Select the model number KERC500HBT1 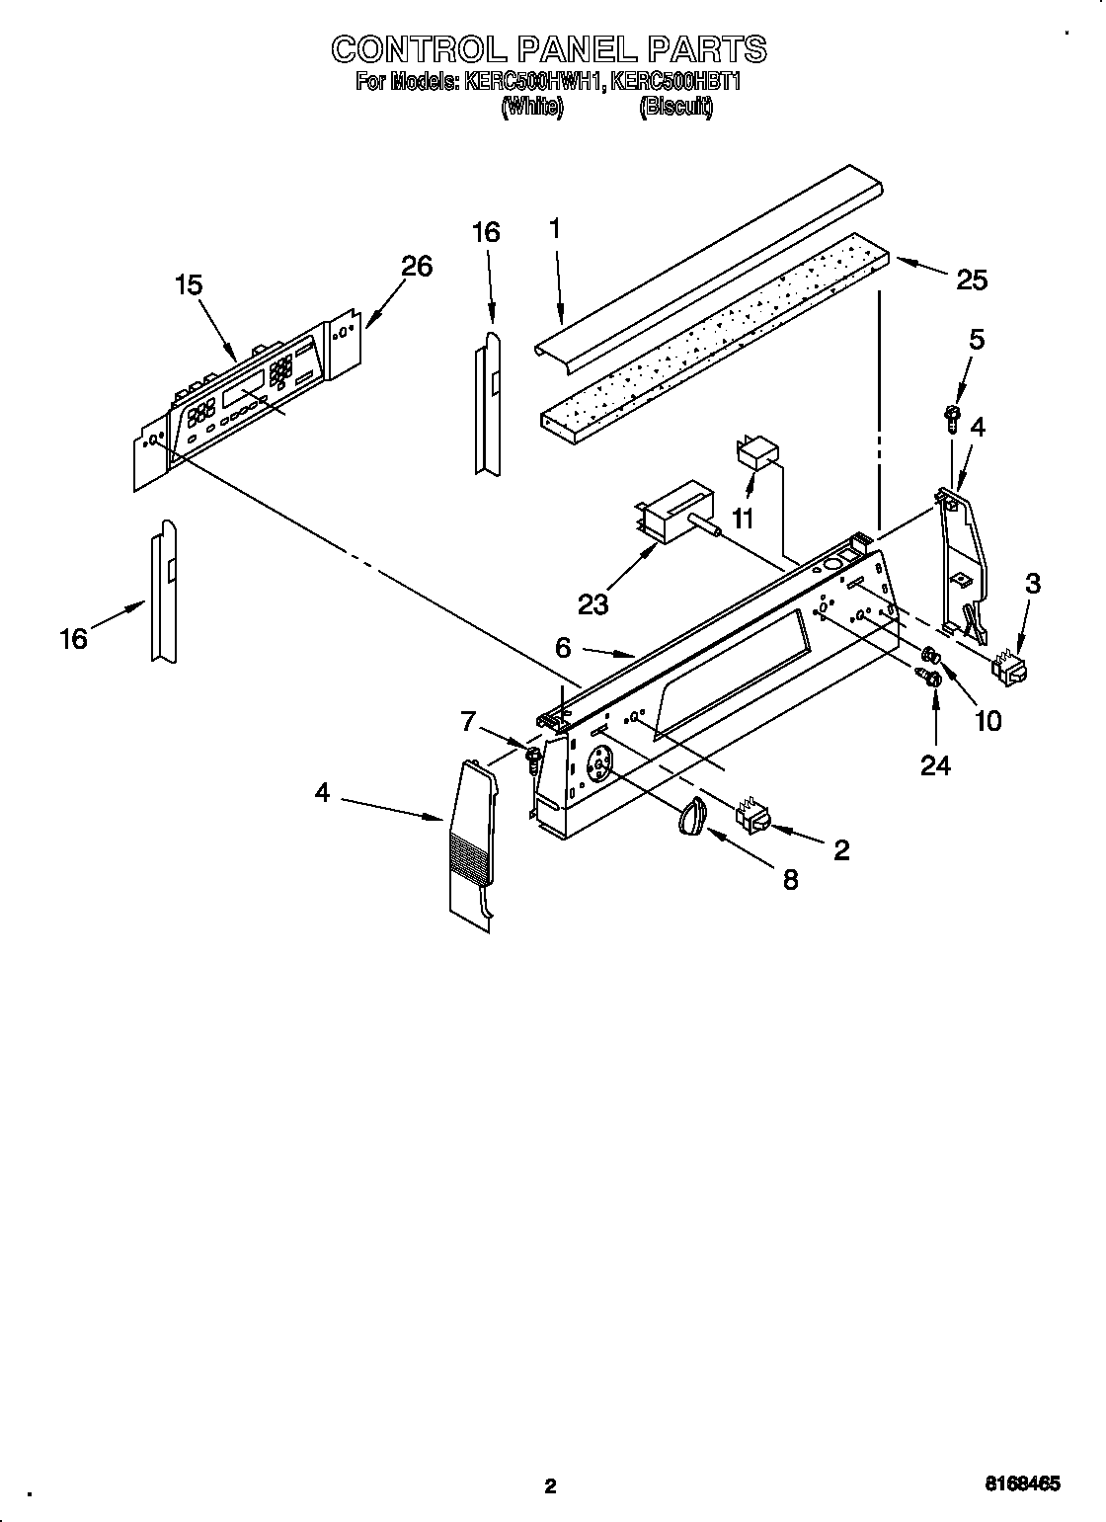click(x=675, y=82)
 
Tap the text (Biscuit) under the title click(x=675, y=108)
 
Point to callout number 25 click(x=972, y=280)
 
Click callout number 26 click(x=417, y=267)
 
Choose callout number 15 click(x=189, y=285)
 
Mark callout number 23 click(x=592, y=602)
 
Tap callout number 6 click(x=563, y=648)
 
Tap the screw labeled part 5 click(x=953, y=417)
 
